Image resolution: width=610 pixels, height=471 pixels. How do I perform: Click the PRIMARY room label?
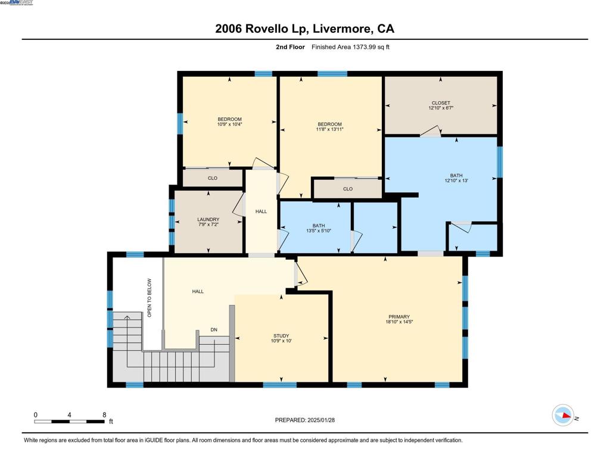click(399, 317)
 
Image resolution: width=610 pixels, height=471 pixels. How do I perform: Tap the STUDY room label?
click(281, 336)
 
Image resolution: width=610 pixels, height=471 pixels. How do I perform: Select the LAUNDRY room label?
click(208, 219)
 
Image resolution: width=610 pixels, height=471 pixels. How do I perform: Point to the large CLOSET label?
click(441, 103)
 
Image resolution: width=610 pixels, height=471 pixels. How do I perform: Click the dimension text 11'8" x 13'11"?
click(330, 129)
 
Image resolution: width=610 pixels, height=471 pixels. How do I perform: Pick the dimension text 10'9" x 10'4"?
click(229, 124)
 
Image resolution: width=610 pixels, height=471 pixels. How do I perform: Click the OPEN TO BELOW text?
click(150, 298)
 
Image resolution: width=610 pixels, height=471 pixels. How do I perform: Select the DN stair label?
click(214, 329)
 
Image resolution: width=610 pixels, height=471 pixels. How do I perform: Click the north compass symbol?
click(563, 415)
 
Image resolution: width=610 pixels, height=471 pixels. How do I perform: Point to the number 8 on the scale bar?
click(104, 415)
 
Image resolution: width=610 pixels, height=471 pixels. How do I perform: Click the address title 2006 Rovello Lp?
click(262, 29)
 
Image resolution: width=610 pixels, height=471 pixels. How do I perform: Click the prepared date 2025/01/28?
click(321, 420)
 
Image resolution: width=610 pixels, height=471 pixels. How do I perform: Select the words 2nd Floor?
click(290, 47)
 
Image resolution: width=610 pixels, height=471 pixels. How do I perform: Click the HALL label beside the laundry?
click(261, 211)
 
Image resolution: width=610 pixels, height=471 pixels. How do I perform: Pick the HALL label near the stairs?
click(198, 291)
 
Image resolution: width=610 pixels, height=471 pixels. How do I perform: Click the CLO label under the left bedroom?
click(213, 178)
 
